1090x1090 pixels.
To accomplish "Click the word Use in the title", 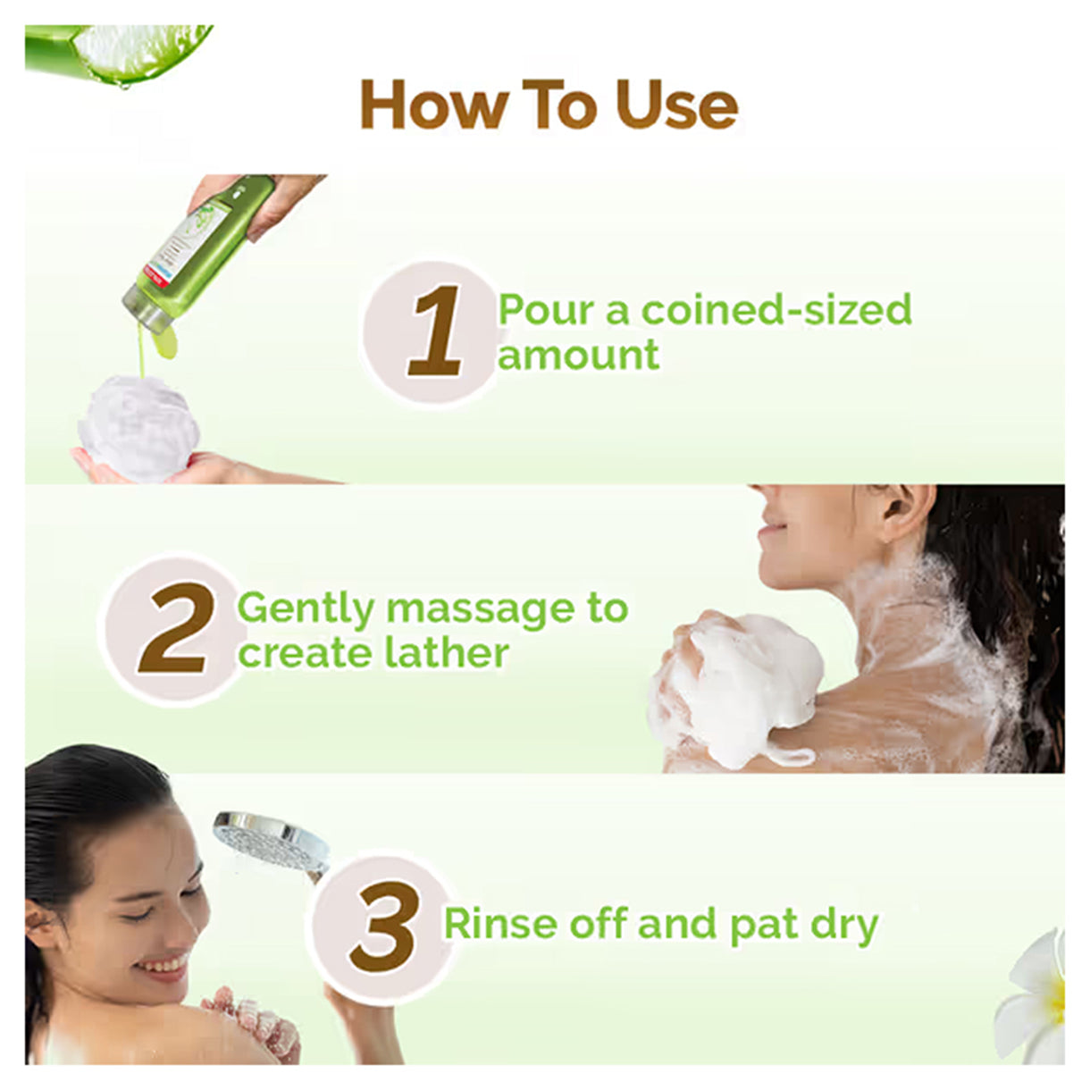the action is point(676,105).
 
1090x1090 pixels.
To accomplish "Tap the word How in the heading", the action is point(434,105).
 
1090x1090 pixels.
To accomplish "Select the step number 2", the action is point(177,627).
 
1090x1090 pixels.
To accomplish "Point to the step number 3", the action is point(385,926).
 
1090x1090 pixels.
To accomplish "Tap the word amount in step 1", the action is point(579,356).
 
